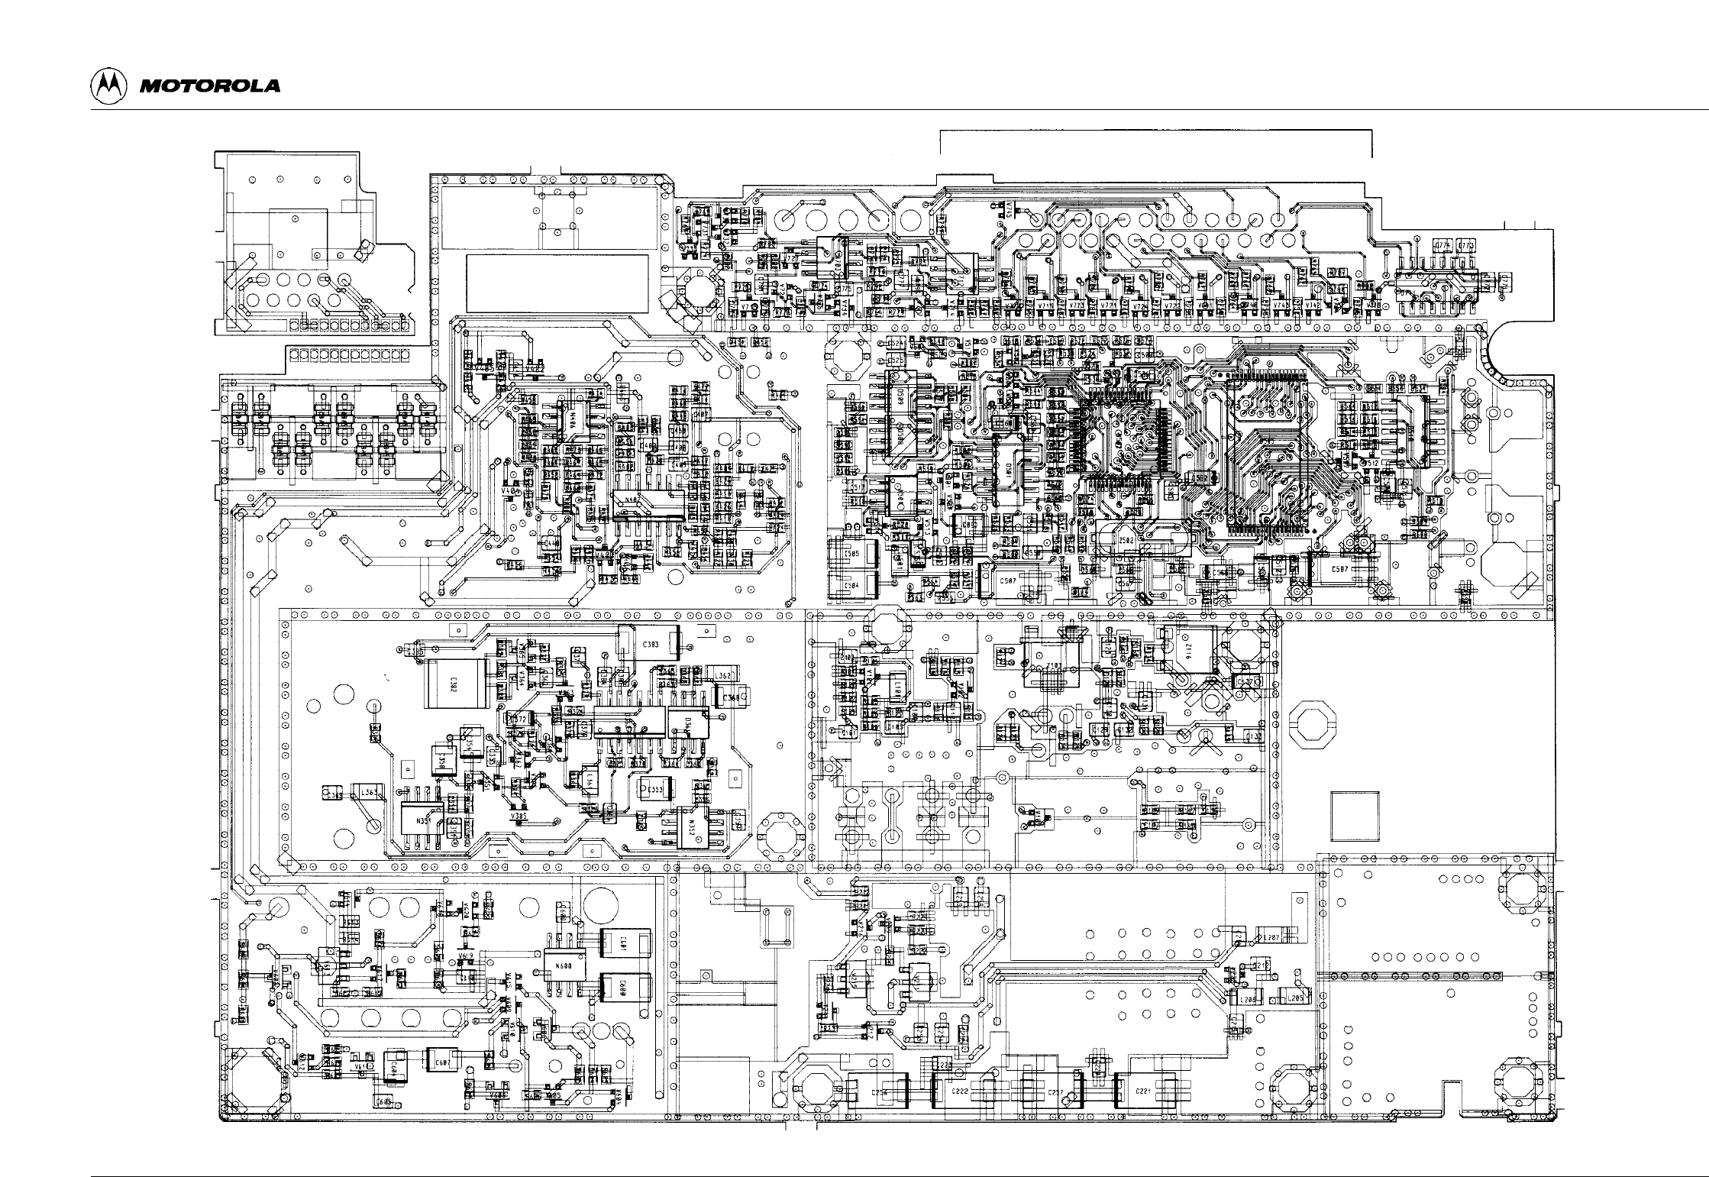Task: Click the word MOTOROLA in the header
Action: [x=209, y=86]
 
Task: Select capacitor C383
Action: [x=650, y=644]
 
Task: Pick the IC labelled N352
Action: [x=690, y=826]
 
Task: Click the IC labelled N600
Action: [x=563, y=966]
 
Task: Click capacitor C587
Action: [x=1339, y=570]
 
